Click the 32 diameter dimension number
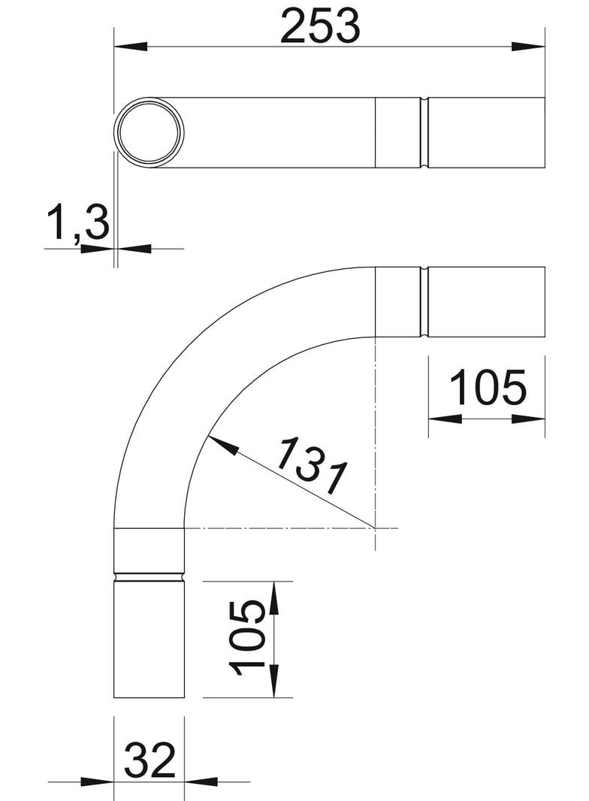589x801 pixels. click(150, 760)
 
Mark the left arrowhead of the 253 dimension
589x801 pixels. click(128, 47)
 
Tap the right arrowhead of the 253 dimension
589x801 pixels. click(530, 47)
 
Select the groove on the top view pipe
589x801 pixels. click(424, 132)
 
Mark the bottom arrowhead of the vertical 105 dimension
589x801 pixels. click(273, 683)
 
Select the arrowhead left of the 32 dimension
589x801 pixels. click(98, 782)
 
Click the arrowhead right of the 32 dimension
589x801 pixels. click(200, 782)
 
